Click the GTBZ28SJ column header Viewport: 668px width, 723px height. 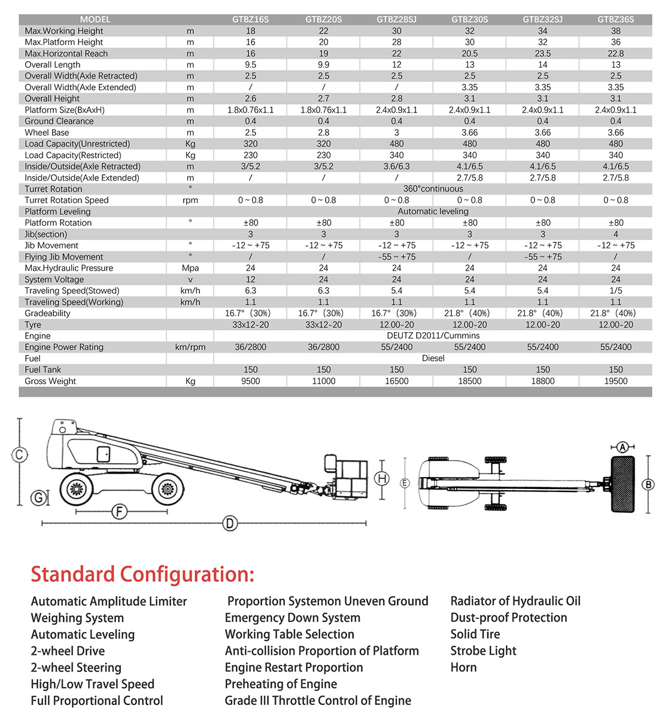tap(396, 19)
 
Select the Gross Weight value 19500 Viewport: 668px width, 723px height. tap(615, 381)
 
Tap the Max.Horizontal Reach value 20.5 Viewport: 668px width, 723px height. tap(469, 53)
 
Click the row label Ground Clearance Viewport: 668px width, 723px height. tap(59, 121)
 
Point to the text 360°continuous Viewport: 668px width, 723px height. tap(433, 189)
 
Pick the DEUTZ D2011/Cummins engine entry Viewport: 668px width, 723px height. tap(433, 336)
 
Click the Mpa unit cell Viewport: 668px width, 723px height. tap(190, 268)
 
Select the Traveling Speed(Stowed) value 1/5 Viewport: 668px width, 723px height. tap(615, 291)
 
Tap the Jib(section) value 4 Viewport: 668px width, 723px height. tap(615, 234)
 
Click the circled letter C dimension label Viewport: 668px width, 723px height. tap(19, 455)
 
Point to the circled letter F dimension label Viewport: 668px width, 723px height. tap(120, 512)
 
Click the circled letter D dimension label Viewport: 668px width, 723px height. tap(230, 524)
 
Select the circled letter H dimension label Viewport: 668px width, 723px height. tap(382, 478)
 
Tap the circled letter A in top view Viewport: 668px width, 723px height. tap(623, 447)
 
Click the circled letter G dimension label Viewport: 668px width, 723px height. tap(39, 497)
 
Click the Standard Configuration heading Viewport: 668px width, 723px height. tap(142, 574)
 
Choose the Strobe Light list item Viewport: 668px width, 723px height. tap(483, 651)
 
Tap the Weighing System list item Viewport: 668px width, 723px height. tap(77, 618)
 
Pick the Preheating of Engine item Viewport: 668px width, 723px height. tap(281, 684)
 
